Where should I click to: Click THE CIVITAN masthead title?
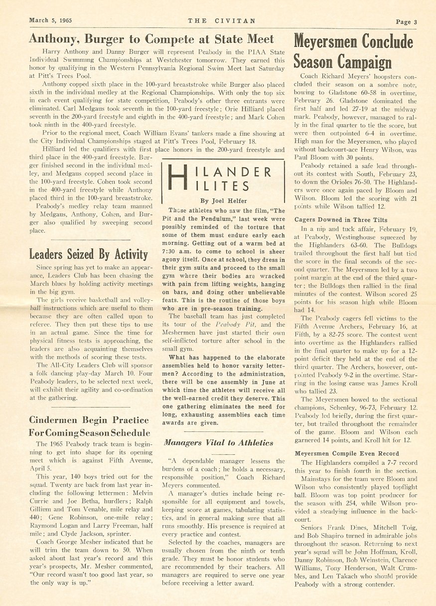(x=222, y=21)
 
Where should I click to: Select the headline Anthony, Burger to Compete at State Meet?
(x=151, y=39)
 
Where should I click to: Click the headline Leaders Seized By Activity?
(x=88, y=254)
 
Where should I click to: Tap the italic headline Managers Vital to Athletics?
(x=218, y=442)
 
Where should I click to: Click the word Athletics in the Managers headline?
(x=252, y=442)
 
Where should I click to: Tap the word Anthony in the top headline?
(x=56, y=39)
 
